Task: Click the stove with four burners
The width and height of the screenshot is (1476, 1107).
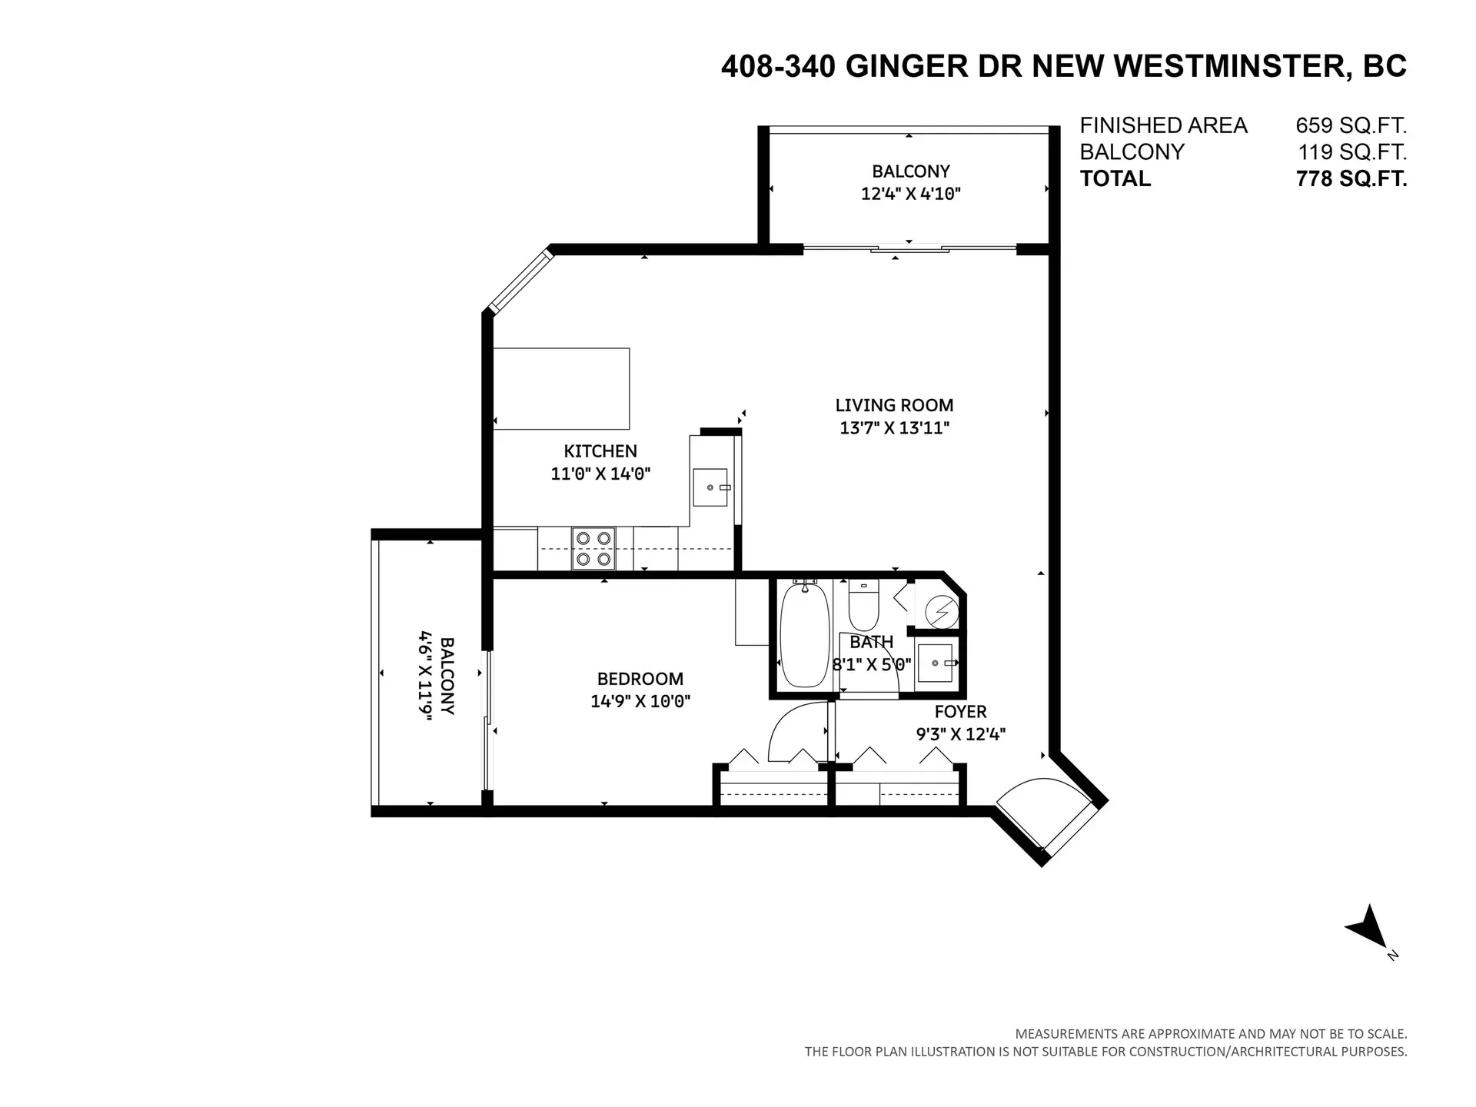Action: point(593,549)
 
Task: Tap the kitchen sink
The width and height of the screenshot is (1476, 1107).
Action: point(710,487)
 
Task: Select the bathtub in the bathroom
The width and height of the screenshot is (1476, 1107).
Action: point(805,637)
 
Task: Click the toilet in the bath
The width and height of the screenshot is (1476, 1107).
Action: point(863,607)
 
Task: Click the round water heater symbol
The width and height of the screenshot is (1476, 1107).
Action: point(942,613)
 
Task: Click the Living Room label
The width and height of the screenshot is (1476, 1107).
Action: point(894,405)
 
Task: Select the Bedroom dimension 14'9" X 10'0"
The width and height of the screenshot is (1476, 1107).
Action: point(640,701)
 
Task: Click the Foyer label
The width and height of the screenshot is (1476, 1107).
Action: point(960,712)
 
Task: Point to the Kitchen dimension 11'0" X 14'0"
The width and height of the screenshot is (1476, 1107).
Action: point(600,474)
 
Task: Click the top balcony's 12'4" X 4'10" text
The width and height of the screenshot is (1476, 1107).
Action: point(910,194)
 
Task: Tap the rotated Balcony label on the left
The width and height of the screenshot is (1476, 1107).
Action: point(447,675)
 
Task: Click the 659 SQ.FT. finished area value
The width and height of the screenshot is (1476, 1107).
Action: point(1351,125)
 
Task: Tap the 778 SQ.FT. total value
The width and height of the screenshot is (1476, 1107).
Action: point(1351,178)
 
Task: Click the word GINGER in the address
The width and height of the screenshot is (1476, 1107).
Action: point(906,67)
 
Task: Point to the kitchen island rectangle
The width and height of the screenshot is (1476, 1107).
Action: point(561,388)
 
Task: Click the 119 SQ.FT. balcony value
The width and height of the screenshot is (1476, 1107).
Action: point(1351,151)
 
